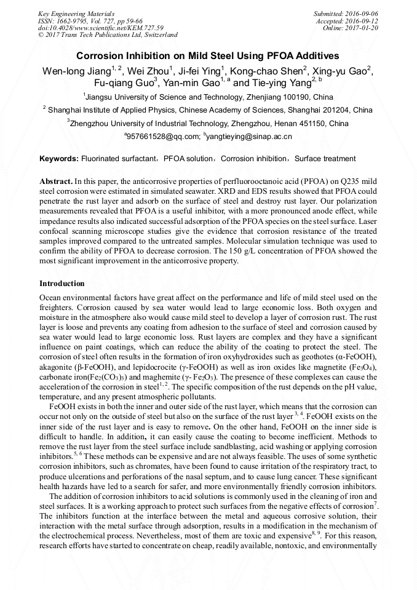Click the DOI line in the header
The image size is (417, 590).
[101, 28]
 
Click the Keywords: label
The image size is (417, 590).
[59, 159]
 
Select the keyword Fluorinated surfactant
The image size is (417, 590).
[119, 159]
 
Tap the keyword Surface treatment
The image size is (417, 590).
[325, 159]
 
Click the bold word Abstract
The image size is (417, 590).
[56, 183]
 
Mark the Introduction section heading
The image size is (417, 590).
[62, 284]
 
